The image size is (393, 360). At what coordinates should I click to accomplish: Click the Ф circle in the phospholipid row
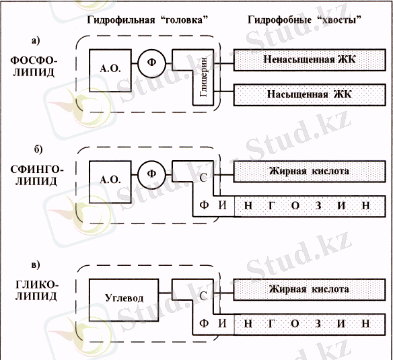(151, 64)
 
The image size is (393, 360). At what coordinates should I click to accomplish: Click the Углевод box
(124, 297)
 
